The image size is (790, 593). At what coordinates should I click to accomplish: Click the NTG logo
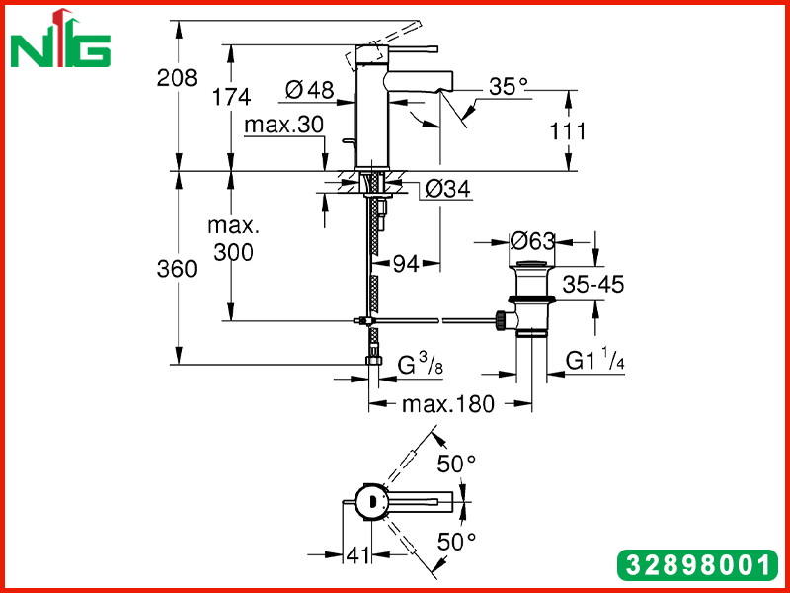60,39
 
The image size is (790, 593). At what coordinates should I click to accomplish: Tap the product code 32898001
698,564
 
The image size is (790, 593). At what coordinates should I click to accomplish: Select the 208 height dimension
177,78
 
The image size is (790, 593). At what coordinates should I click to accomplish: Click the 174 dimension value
231,96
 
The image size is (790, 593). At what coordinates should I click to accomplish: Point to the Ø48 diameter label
309,90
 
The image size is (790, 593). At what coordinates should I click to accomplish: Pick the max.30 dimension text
283,125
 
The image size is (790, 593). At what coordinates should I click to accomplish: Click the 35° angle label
509,86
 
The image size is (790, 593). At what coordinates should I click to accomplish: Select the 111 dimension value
567,131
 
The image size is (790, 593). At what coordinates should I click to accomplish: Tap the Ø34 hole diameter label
447,189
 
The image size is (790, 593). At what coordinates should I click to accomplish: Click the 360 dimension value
177,269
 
